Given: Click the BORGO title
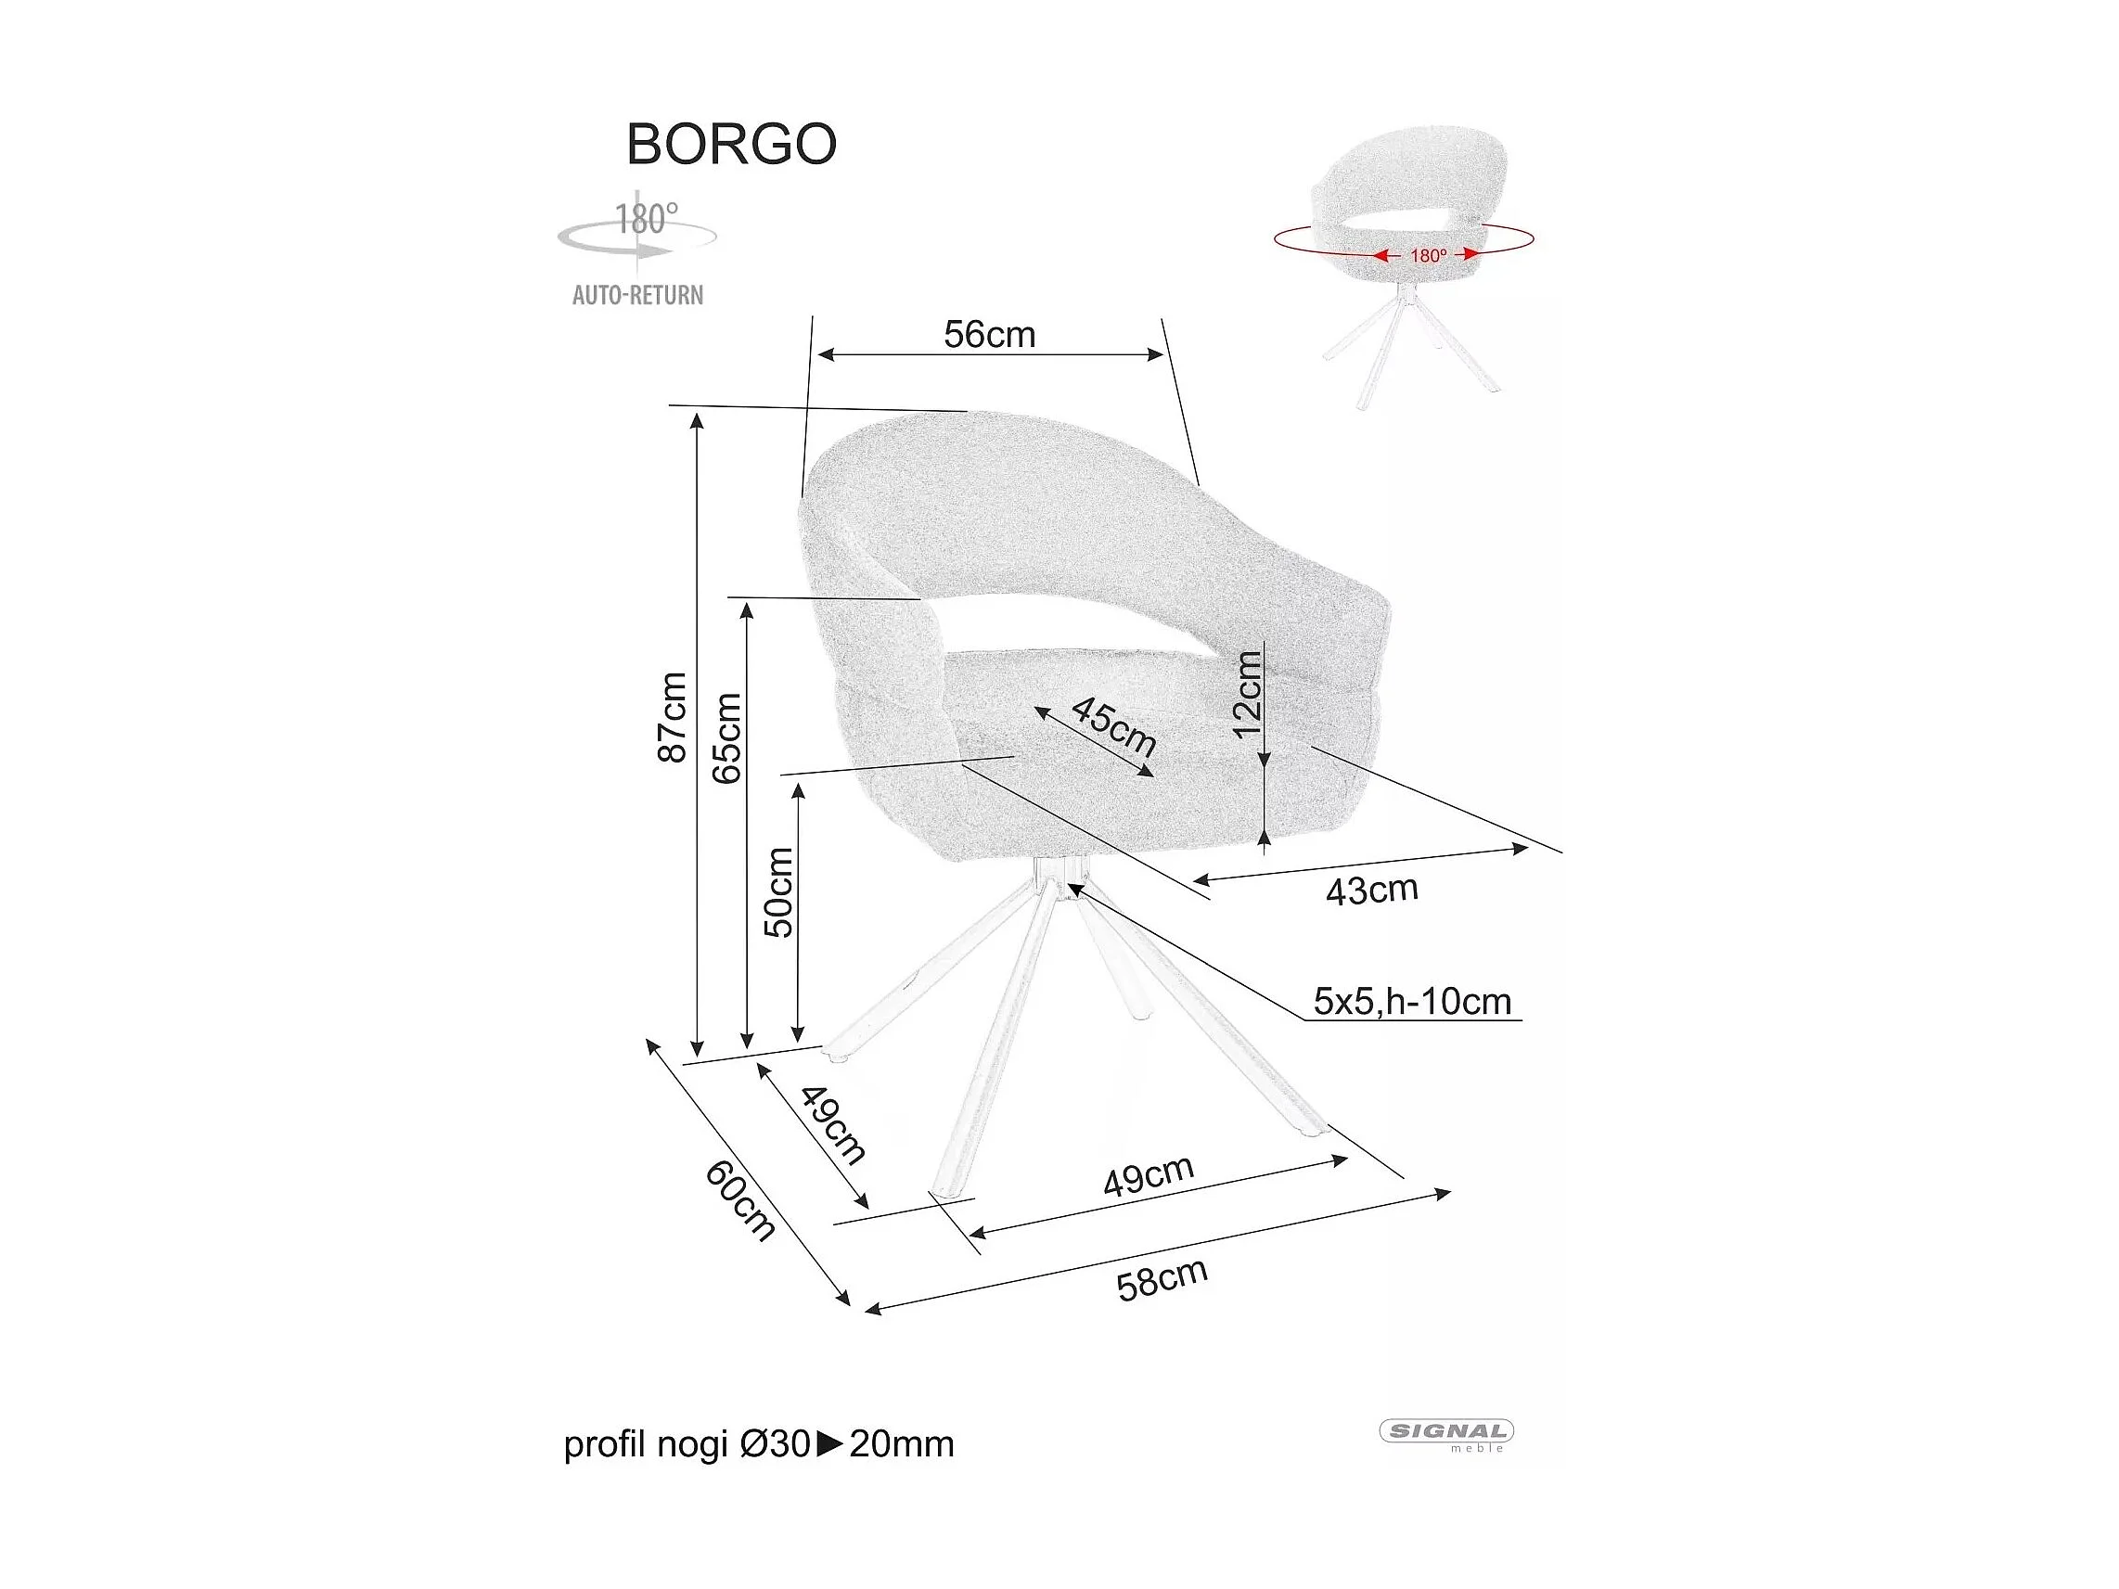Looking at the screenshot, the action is [731, 145].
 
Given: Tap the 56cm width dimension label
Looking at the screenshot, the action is [990, 334].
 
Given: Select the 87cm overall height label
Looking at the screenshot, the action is [673, 716].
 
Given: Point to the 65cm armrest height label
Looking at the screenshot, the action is [727, 737].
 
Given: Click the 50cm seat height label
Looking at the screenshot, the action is [778, 891].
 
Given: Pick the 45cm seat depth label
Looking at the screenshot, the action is [1113, 726].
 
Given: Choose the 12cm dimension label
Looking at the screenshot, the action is [1248, 695].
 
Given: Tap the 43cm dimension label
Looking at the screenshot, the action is [1371, 891].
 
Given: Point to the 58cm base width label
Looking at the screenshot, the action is [1162, 1279].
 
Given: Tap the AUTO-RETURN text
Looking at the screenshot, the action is [637, 295].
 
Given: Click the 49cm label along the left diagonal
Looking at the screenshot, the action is [832, 1124].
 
